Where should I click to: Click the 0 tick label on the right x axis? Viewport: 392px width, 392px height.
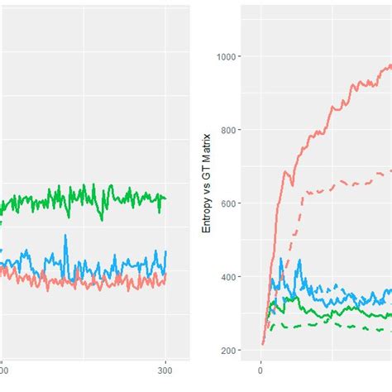(261, 373)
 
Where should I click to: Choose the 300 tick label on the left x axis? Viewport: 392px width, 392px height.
(165, 373)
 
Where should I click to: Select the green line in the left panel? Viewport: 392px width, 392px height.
(83, 198)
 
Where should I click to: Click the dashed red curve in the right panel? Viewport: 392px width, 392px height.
(331, 189)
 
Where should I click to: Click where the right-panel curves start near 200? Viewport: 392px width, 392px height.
(263, 343)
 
